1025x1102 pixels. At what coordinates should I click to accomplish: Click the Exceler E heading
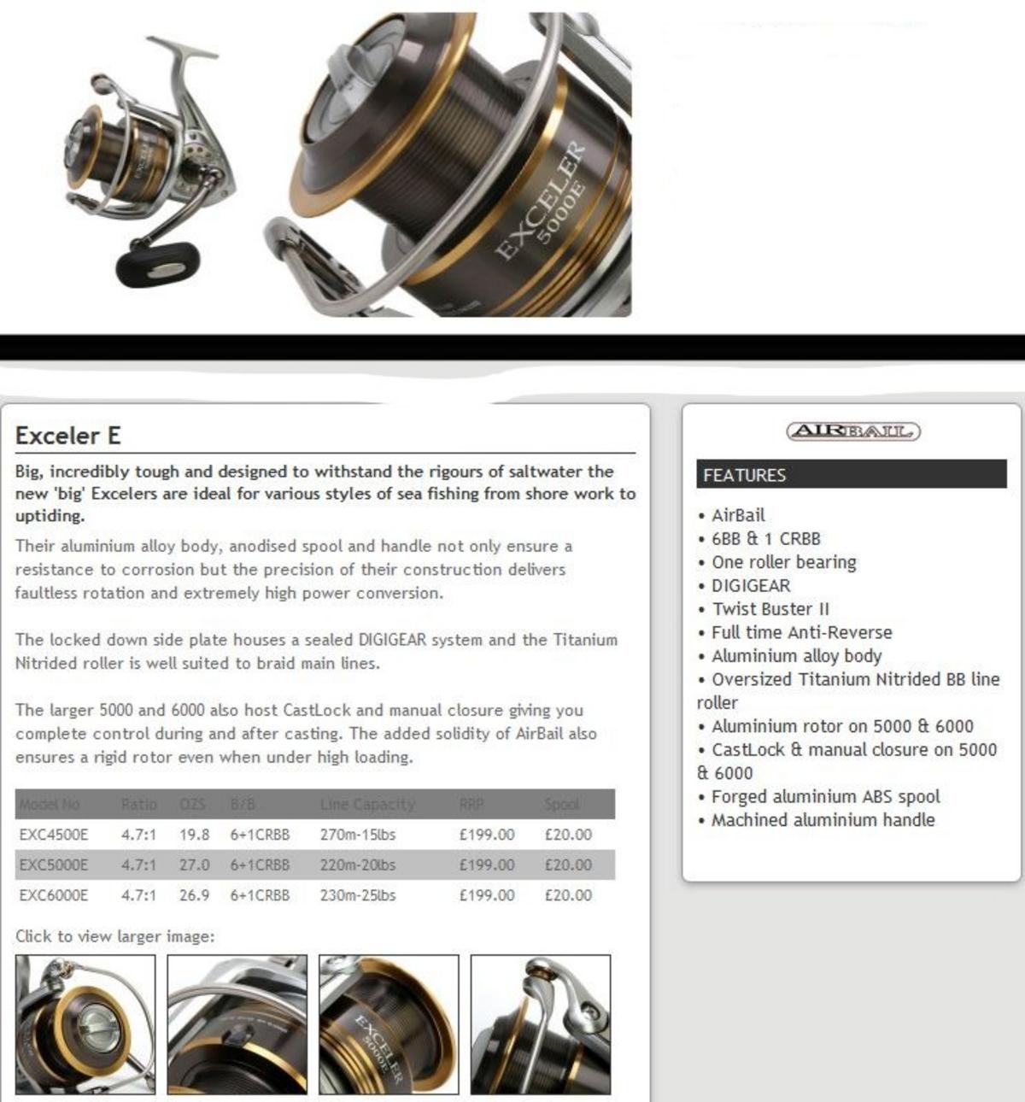(68, 436)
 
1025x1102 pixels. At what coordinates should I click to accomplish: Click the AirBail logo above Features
(852, 431)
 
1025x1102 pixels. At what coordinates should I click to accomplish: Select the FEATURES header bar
(851, 475)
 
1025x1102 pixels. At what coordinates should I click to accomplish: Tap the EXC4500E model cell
(53, 835)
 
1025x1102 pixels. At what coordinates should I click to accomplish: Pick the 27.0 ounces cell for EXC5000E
(194, 865)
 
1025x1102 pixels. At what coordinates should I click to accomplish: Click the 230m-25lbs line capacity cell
(358, 895)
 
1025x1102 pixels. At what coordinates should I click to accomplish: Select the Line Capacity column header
(367, 804)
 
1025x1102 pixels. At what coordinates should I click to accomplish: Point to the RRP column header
(471, 804)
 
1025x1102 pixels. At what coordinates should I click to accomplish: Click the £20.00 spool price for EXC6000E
(568, 895)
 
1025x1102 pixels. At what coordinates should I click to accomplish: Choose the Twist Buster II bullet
(770, 609)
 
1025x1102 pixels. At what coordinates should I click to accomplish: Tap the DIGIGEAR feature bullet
(751, 586)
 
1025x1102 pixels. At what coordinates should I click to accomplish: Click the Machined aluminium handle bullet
(823, 820)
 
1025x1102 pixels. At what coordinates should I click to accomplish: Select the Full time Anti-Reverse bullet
(801, 633)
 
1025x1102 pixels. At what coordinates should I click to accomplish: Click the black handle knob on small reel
(168, 265)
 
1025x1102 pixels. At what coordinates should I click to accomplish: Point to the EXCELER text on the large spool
(540, 198)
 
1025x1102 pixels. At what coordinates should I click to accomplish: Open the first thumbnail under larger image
(85, 1024)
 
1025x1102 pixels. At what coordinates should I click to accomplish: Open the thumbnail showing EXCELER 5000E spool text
(389, 1024)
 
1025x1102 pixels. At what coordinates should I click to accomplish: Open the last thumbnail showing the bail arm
(541, 1024)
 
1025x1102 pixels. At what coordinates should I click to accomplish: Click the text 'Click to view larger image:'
(114, 936)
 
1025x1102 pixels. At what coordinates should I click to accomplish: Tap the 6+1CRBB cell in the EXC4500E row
(260, 835)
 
